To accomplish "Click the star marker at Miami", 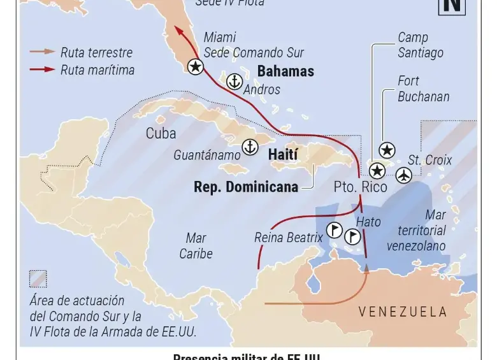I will [196, 66].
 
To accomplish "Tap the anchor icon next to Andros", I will [234, 82].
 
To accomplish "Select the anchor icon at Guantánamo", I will [250, 147].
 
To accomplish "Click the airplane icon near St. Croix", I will [403, 175].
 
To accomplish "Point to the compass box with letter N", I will [452, 6].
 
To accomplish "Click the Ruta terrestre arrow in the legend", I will [42, 52].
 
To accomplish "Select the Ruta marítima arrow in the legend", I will [42, 69].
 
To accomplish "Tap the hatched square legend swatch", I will [38, 278].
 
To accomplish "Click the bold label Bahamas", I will [285, 71].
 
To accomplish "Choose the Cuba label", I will [161, 134].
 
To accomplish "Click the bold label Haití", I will [283, 154].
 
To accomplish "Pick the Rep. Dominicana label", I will [246, 187].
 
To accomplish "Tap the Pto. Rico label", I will [361, 187].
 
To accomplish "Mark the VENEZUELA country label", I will [403, 312].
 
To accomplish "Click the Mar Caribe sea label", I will [196, 245].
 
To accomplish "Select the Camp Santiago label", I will [421, 45].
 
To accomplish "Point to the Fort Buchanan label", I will [424, 89].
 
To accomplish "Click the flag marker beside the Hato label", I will [352, 237].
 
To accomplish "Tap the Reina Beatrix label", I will [289, 237].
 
